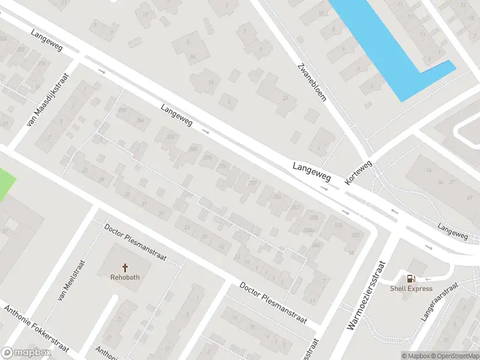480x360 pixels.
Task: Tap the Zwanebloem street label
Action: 312,82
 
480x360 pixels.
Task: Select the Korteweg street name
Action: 359,172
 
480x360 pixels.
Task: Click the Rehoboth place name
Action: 125,277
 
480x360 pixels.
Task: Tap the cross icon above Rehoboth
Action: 125,268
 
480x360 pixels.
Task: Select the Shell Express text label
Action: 411,289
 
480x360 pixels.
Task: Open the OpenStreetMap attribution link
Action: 455,356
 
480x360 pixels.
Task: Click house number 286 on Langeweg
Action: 140,121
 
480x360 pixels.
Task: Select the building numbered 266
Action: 277,196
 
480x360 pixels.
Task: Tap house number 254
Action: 338,226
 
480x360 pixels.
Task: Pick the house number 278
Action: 208,158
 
